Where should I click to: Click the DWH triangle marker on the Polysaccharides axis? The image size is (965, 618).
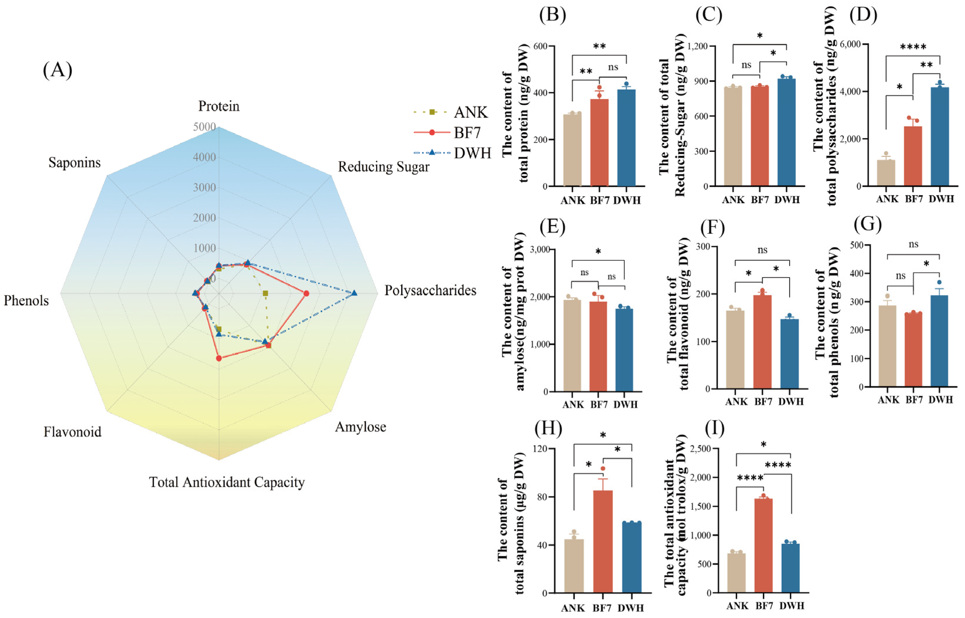pyautogui.click(x=353, y=293)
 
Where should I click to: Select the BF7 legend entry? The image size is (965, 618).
pyautogui.click(x=467, y=132)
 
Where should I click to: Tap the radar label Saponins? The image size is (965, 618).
pyautogui.click(x=75, y=163)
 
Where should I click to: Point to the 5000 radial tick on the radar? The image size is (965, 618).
pyautogui.click(x=205, y=127)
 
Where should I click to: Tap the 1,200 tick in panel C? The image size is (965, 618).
pyautogui.click(x=698, y=46)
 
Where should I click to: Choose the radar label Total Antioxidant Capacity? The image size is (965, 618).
pyautogui.click(x=227, y=482)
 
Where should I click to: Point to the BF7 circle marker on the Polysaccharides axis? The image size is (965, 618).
pyautogui.click(x=306, y=293)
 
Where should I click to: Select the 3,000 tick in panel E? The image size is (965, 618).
pyautogui.click(x=539, y=250)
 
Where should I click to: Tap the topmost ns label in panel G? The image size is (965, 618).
pyautogui.click(x=913, y=244)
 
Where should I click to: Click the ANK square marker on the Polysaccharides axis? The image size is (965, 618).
pyautogui.click(x=265, y=293)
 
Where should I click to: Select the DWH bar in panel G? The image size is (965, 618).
pyautogui.click(x=939, y=341)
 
